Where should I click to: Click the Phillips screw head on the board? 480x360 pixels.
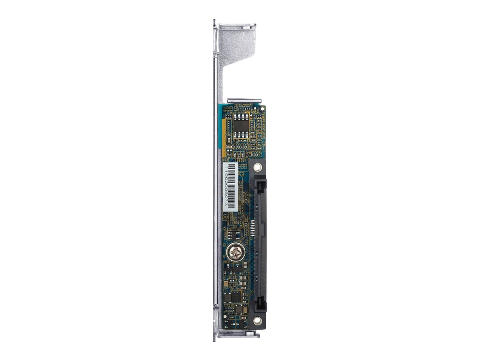point(234,253)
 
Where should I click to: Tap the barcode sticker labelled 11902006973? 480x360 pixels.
point(229,186)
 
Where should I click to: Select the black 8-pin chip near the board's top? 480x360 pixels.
point(241,126)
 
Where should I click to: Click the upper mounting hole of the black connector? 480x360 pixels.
point(257,167)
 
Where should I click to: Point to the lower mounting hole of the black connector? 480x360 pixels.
point(256,322)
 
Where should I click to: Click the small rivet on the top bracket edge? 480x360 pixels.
point(246,28)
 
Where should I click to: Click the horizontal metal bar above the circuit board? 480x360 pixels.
point(244,100)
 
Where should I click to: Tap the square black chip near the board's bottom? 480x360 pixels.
point(235,297)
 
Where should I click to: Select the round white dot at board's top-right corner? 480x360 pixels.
point(263,109)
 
